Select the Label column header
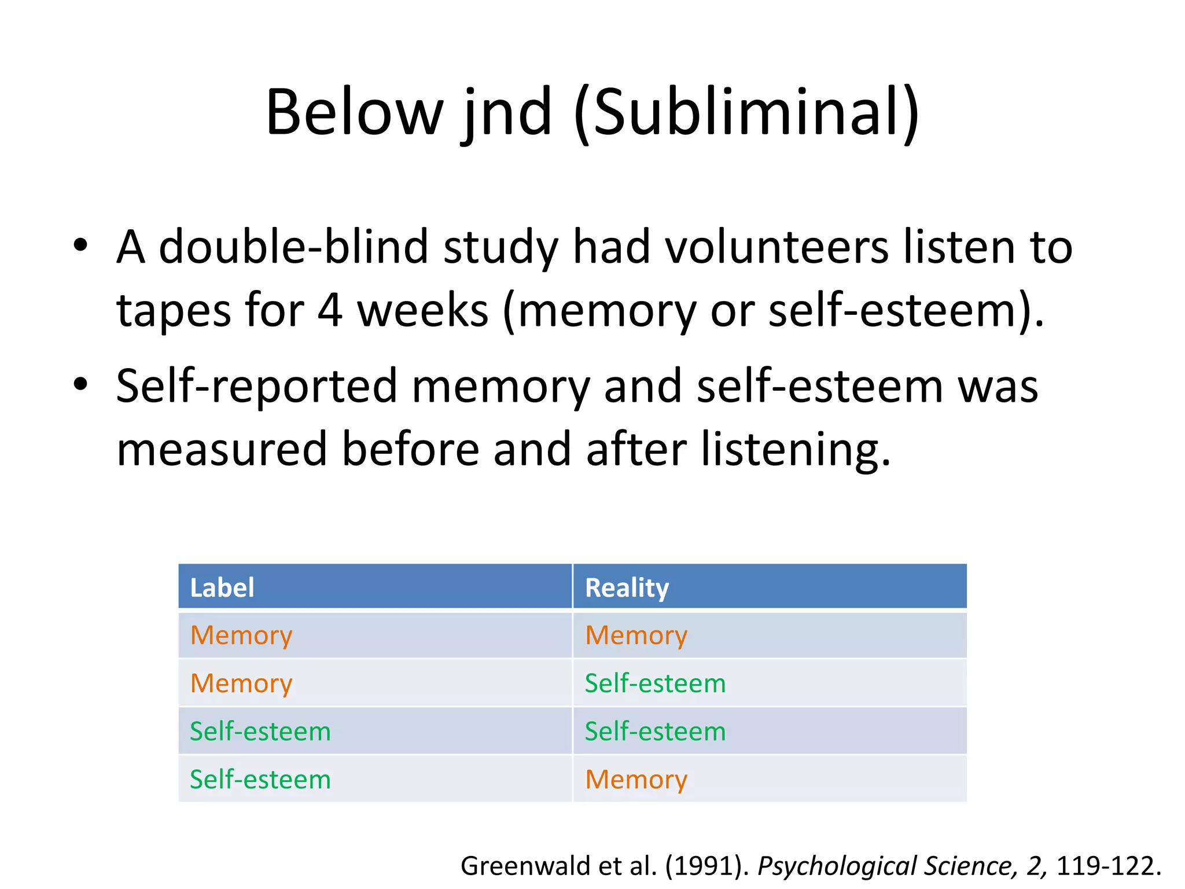pos(222,587)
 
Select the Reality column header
pos(627,587)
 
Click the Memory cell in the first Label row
pos(241,635)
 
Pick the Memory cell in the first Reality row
pos(636,635)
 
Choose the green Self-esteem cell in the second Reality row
pos(655,684)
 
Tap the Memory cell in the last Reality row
pos(636,780)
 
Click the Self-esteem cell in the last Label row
pos(260,780)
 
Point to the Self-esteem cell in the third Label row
pos(260,732)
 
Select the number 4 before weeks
pos(330,310)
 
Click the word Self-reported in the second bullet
pos(256,386)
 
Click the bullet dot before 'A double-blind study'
pos(80,245)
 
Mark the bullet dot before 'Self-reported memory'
pos(80,384)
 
